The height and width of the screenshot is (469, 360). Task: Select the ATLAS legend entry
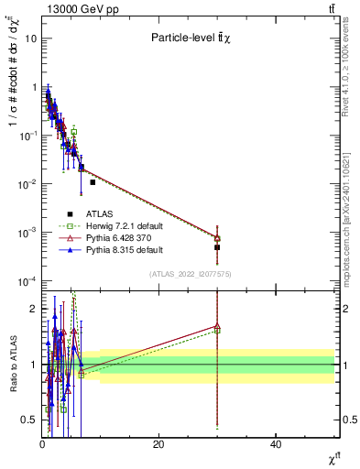pos(107,213)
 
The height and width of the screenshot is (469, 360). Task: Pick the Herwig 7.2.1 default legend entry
pos(107,225)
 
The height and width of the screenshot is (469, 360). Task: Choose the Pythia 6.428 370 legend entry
pos(107,237)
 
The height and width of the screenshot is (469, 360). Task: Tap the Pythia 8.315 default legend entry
pos(107,249)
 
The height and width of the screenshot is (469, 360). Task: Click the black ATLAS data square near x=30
pos(217,247)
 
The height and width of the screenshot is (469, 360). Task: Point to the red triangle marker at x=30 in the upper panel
pos(217,238)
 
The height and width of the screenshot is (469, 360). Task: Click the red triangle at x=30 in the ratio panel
pos(217,325)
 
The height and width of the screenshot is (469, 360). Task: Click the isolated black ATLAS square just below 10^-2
pos(93,182)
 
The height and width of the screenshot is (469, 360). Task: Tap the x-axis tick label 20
pos(158,444)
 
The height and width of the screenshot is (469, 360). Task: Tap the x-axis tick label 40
pos(276,444)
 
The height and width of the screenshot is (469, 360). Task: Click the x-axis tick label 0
pos(42,444)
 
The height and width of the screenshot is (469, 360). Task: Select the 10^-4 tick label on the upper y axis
pos(27,280)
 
